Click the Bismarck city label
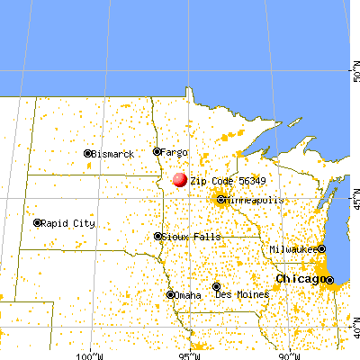click(x=112, y=154)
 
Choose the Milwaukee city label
click(x=292, y=248)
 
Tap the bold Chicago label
click(x=301, y=280)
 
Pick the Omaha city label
click(x=189, y=294)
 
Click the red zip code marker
click(x=180, y=180)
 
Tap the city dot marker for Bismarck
click(x=87, y=154)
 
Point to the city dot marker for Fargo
click(x=157, y=152)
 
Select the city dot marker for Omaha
click(x=171, y=294)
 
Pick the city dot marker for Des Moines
click(x=216, y=287)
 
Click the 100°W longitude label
click(x=92, y=354)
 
